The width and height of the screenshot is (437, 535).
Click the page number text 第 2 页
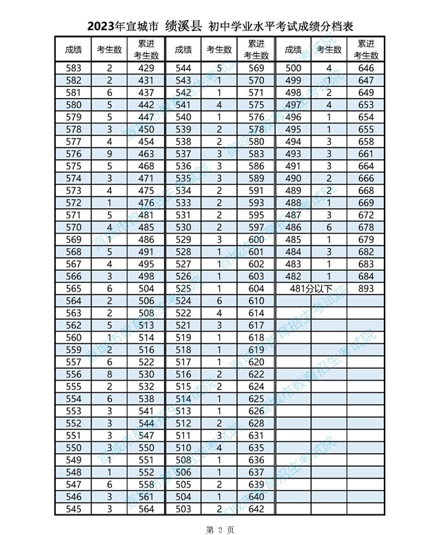point(218,527)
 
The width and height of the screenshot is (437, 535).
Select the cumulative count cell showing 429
point(145,68)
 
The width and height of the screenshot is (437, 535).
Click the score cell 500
point(293,68)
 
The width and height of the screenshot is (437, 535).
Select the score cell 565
point(73,288)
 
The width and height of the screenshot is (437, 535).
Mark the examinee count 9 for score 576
point(110,154)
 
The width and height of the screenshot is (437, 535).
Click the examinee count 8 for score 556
point(110,374)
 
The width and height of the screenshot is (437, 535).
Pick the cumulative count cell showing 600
point(256,239)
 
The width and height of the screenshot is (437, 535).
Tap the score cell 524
point(183,301)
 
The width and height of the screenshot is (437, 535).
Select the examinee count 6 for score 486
point(329,227)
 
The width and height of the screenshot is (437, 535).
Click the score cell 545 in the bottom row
point(73,509)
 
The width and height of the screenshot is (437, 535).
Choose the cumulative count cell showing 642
point(256,509)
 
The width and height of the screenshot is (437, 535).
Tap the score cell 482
point(293,276)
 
